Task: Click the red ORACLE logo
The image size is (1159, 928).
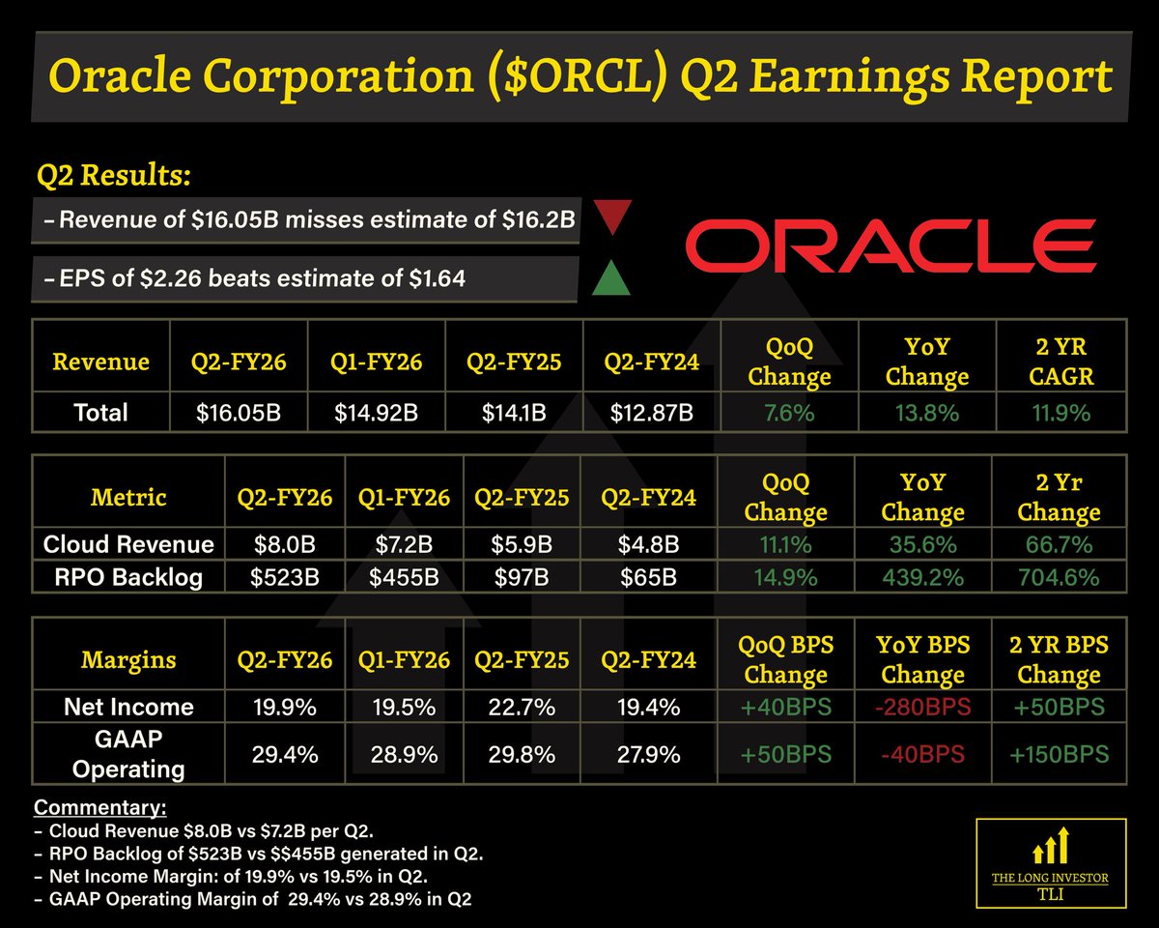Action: (890, 245)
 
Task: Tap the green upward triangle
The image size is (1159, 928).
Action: (611, 277)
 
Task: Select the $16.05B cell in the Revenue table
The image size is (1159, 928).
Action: (239, 413)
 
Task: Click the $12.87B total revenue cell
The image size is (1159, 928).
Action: (651, 413)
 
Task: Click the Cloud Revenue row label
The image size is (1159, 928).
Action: (128, 544)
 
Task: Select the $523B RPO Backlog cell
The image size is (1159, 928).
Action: (283, 578)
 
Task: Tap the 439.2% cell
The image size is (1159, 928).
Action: (923, 578)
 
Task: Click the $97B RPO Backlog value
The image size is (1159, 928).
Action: (522, 578)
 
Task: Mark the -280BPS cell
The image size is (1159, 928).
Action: (923, 707)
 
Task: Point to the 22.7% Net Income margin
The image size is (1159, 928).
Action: (522, 707)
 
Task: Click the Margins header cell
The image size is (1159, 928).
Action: (128, 660)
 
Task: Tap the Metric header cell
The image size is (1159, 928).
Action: (128, 498)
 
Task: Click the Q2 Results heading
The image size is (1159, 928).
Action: (113, 176)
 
